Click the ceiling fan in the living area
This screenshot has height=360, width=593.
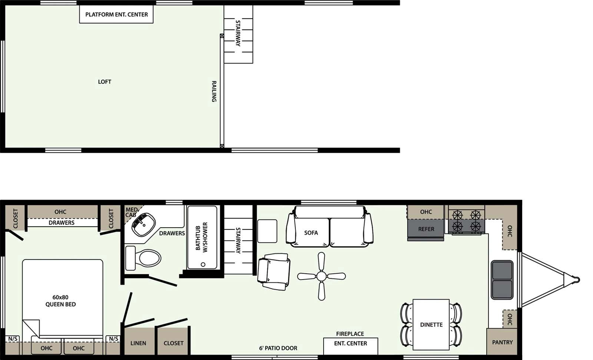pyautogui.click(x=321, y=276)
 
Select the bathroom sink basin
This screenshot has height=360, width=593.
pyautogui.click(x=144, y=225)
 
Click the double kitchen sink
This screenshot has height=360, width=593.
pyautogui.click(x=502, y=280)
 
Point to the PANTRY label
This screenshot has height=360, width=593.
pyautogui.click(x=502, y=342)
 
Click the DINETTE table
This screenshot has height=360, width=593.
pyautogui.click(x=431, y=324)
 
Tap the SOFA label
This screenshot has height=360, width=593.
pyautogui.click(x=311, y=233)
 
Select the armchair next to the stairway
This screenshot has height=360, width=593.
pyautogui.click(x=274, y=271)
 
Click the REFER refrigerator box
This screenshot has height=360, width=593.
pyautogui.click(x=426, y=229)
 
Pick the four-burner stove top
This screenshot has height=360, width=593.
pyautogui.click(x=466, y=221)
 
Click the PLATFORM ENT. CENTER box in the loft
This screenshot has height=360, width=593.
pyautogui.click(x=116, y=15)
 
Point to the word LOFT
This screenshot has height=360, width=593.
pyautogui.click(x=105, y=82)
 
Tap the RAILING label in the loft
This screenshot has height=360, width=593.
pyautogui.click(x=214, y=91)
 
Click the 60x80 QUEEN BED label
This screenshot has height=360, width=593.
pyautogui.click(x=60, y=301)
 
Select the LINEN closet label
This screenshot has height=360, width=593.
pyautogui.click(x=138, y=343)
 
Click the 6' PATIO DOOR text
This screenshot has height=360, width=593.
pyautogui.click(x=278, y=348)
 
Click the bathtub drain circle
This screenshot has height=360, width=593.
pyautogui.click(x=203, y=264)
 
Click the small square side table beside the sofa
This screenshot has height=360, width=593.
pyautogui.click(x=267, y=231)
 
